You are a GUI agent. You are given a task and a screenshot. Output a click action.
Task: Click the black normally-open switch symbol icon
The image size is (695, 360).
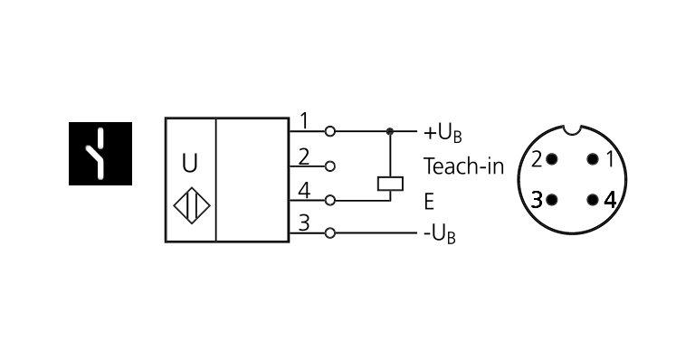100,154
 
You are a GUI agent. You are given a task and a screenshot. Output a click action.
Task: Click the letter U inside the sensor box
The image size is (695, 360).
189,164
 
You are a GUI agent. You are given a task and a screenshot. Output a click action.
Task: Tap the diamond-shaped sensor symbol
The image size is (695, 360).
191,206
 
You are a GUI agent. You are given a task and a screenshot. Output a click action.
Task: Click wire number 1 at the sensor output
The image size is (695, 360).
304,120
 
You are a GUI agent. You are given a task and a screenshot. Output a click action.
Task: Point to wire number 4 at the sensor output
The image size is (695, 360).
304,190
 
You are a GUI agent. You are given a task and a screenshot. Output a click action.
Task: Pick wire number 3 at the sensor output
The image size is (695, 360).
304,223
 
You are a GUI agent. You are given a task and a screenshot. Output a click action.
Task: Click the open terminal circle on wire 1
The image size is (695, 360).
331,132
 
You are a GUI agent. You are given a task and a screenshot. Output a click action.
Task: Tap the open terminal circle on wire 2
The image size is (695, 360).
331,166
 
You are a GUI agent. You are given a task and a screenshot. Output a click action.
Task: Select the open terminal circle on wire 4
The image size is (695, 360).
331,200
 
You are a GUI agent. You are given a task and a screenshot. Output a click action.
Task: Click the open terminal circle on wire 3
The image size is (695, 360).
331,233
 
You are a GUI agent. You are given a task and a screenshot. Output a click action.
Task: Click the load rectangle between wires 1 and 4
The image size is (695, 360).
390,183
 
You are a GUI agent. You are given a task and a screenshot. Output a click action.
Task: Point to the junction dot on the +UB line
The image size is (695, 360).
390,132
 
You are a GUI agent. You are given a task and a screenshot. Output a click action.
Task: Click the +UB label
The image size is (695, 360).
443,133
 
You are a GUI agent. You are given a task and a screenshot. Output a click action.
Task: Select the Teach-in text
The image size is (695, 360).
463,166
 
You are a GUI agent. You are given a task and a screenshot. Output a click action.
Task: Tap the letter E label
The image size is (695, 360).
429,201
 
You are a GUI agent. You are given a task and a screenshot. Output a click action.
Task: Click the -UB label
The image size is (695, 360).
440,234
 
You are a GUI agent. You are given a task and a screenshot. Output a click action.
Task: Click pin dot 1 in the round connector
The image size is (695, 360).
593,159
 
